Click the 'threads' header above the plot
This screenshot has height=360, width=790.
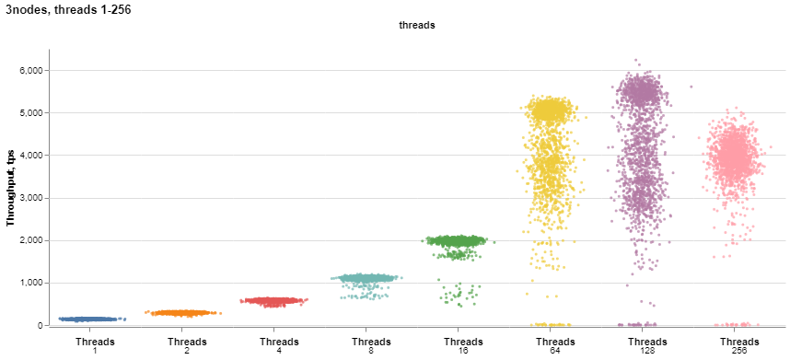pos(416,26)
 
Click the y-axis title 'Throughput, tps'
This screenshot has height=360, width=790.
pos(11,191)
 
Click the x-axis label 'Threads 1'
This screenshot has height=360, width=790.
pos(95,346)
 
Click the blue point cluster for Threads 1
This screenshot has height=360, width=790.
pos(95,319)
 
